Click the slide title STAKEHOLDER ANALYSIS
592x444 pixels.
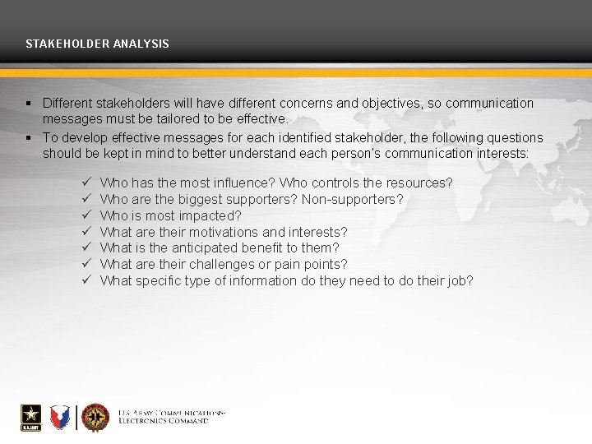pos(97,43)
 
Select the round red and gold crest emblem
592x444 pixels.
pos(95,417)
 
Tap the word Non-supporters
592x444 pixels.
pos(353,199)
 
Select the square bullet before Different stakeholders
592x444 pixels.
pos(28,104)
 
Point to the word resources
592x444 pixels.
pos(422,183)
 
